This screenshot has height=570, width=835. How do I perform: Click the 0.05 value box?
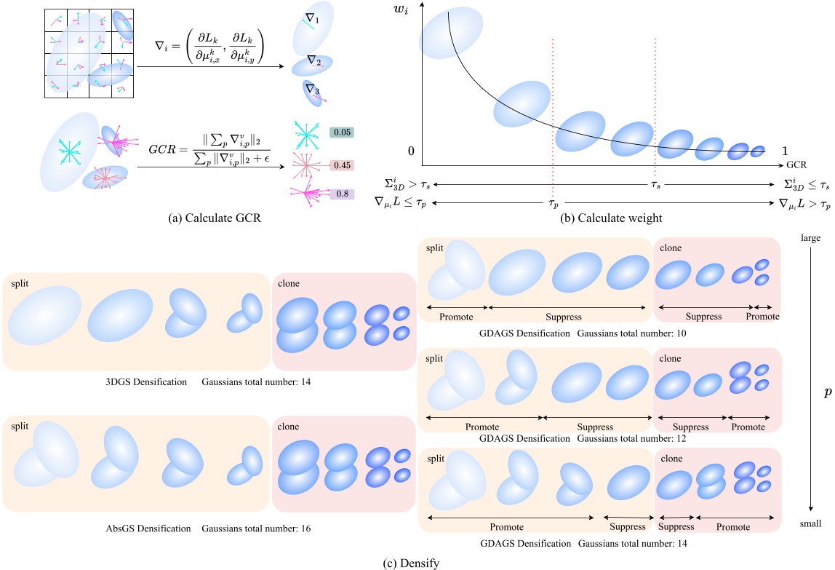(341, 132)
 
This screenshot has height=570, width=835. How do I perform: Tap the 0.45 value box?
(341, 165)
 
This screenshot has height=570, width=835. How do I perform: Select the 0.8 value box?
(341, 194)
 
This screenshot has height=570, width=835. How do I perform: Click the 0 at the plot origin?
(412, 151)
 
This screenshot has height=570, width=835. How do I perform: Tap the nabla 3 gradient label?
(313, 90)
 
